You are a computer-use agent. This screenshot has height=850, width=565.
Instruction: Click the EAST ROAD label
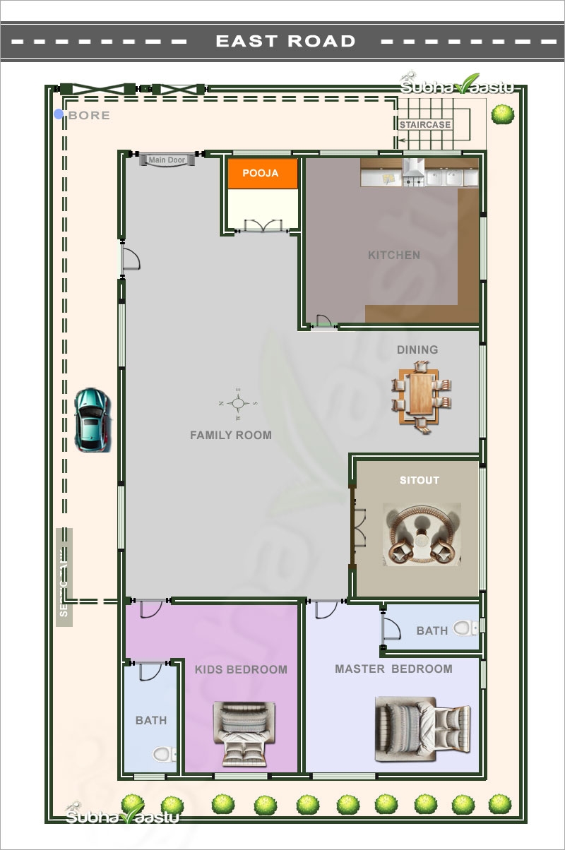coord(285,41)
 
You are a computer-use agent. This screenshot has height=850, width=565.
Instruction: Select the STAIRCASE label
coord(424,125)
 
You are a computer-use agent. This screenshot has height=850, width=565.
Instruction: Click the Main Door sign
coord(167,160)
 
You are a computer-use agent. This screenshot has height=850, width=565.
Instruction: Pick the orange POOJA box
coord(261,173)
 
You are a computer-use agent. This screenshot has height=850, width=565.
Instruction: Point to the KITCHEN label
coord(393,255)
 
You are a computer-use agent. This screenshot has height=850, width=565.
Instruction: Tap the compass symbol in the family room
coord(239,403)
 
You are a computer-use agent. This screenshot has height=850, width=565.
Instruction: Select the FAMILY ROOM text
coord(230,435)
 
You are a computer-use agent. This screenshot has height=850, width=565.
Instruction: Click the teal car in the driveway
coord(93,419)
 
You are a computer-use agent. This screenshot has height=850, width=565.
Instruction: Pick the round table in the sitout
coord(422,534)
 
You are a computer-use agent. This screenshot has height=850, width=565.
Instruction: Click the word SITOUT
coord(419,480)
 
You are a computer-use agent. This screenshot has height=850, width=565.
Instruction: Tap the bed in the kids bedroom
coord(241,734)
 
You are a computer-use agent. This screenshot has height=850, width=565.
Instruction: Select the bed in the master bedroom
coord(422,729)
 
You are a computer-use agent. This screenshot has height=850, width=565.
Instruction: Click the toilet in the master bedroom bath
coord(464,628)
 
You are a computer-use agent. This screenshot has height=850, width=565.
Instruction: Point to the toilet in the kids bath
coord(164,755)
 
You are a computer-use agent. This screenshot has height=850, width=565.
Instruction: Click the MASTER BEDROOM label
coord(393,669)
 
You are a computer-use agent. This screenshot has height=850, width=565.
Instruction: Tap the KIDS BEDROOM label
coord(241,669)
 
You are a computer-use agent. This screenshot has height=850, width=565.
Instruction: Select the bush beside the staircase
coord(502,114)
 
